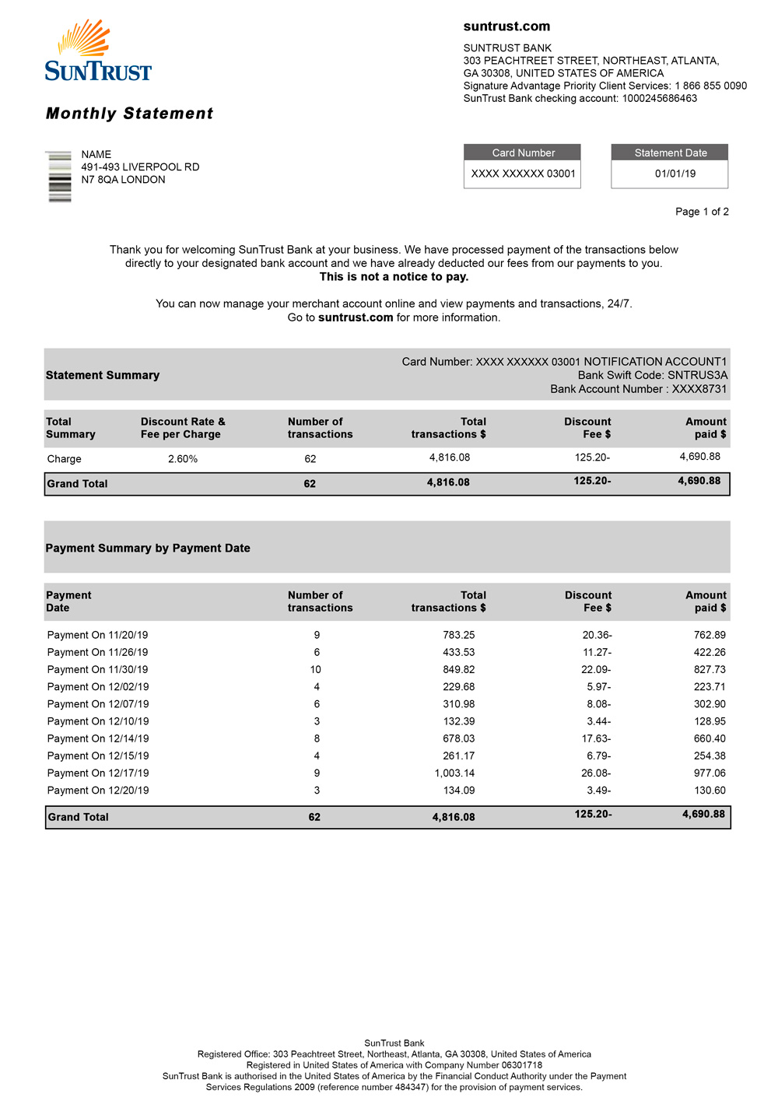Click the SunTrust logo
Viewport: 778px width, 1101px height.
point(98,51)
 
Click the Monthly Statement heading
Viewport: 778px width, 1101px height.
point(129,114)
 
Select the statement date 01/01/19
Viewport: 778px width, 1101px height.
point(675,174)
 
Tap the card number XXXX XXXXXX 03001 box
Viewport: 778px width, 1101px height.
point(523,174)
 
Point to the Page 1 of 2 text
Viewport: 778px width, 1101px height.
point(702,212)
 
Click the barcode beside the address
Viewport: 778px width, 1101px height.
point(60,177)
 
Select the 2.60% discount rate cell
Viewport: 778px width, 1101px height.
point(183,459)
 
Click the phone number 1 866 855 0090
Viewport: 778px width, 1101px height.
point(710,86)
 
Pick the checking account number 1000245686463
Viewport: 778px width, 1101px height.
point(659,98)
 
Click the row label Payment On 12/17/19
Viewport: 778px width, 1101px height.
point(98,773)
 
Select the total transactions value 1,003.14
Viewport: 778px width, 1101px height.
point(454,773)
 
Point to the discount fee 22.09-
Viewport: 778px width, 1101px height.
point(596,669)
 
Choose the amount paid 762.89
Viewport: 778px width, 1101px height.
point(710,635)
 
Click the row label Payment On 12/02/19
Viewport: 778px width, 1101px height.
point(98,686)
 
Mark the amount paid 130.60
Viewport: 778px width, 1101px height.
point(710,790)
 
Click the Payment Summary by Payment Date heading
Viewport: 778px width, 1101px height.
point(148,548)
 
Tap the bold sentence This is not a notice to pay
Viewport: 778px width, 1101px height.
point(394,277)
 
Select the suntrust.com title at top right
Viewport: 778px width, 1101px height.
point(506,26)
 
